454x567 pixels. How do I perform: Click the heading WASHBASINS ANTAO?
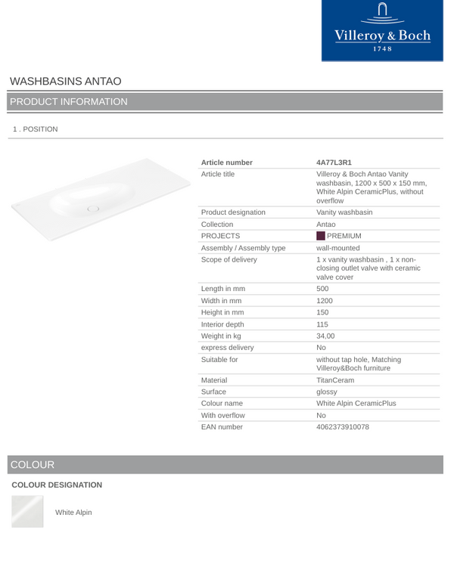click(66, 81)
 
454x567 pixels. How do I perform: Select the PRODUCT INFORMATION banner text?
click(69, 101)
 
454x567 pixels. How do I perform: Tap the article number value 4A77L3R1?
click(334, 163)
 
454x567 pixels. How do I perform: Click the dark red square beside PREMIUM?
click(320, 236)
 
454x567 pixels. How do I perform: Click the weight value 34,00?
click(326, 336)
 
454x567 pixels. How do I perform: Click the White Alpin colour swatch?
click(27, 511)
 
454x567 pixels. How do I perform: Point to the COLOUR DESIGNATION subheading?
click(57, 485)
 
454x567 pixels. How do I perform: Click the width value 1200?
click(325, 300)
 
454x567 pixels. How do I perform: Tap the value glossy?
click(327, 392)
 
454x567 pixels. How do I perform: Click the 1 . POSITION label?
click(35, 129)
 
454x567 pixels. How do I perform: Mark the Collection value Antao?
click(326, 225)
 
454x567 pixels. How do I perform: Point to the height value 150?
click(322, 312)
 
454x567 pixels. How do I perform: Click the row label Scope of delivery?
click(229, 259)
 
